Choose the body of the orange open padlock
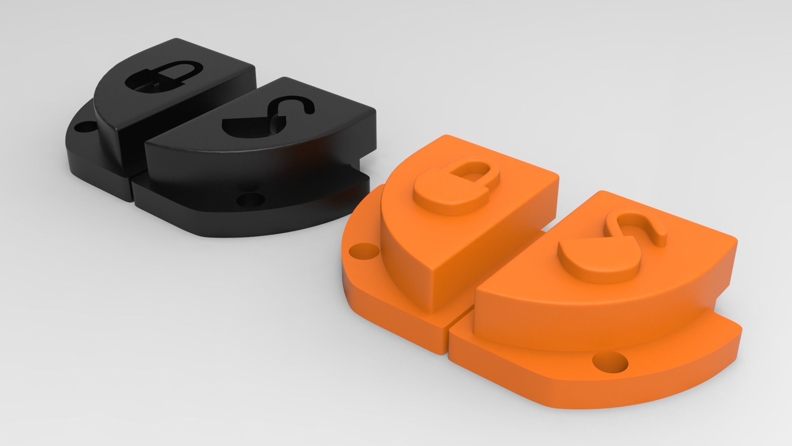tap(594, 258)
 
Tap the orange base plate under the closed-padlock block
tap(371, 289)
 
